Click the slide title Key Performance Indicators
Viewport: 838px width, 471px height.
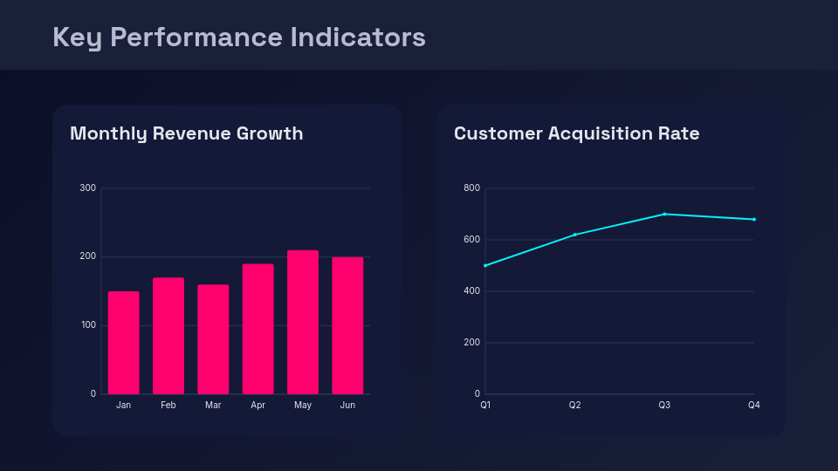click(x=238, y=37)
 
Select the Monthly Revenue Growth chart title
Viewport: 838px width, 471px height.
click(x=186, y=133)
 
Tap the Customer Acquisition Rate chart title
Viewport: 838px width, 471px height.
click(x=576, y=133)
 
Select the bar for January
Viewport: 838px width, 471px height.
click(x=123, y=343)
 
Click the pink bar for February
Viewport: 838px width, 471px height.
click(x=168, y=336)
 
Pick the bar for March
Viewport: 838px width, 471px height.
click(x=213, y=339)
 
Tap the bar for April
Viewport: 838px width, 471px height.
click(x=258, y=329)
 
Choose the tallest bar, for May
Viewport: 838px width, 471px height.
click(x=303, y=322)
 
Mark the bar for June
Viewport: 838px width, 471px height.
click(x=347, y=325)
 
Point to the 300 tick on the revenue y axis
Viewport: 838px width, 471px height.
click(x=87, y=188)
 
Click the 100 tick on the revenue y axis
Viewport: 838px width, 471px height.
click(x=87, y=325)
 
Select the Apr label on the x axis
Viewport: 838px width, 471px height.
click(x=258, y=406)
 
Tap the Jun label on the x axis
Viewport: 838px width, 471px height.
click(x=347, y=406)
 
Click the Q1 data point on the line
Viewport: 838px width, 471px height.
click(x=485, y=265)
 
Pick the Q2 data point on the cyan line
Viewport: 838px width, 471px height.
click(x=574, y=235)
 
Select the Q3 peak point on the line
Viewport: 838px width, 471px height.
click(x=664, y=214)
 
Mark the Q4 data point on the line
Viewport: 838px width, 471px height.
click(x=754, y=219)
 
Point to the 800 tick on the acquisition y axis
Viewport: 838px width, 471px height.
click(x=471, y=188)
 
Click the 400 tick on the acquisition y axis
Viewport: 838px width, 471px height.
click(x=471, y=291)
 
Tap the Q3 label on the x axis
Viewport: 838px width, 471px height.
click(x=664, y=406)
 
